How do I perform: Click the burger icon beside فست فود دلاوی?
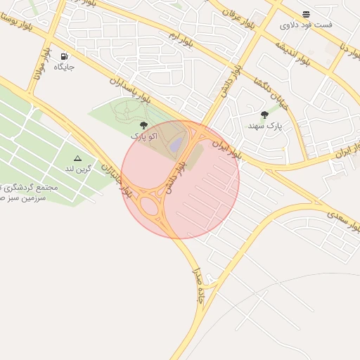[306, 14]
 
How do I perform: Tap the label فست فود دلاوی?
[306, 25]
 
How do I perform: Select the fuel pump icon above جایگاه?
[65, 57]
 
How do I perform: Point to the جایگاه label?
[65, 67]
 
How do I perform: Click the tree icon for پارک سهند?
[264, 115]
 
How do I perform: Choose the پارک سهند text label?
[264, 125]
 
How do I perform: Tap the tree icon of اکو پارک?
[143, 125]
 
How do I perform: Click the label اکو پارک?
[143, 135]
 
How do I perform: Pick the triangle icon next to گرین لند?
[77, 159]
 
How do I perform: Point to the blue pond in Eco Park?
[176, 145]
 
